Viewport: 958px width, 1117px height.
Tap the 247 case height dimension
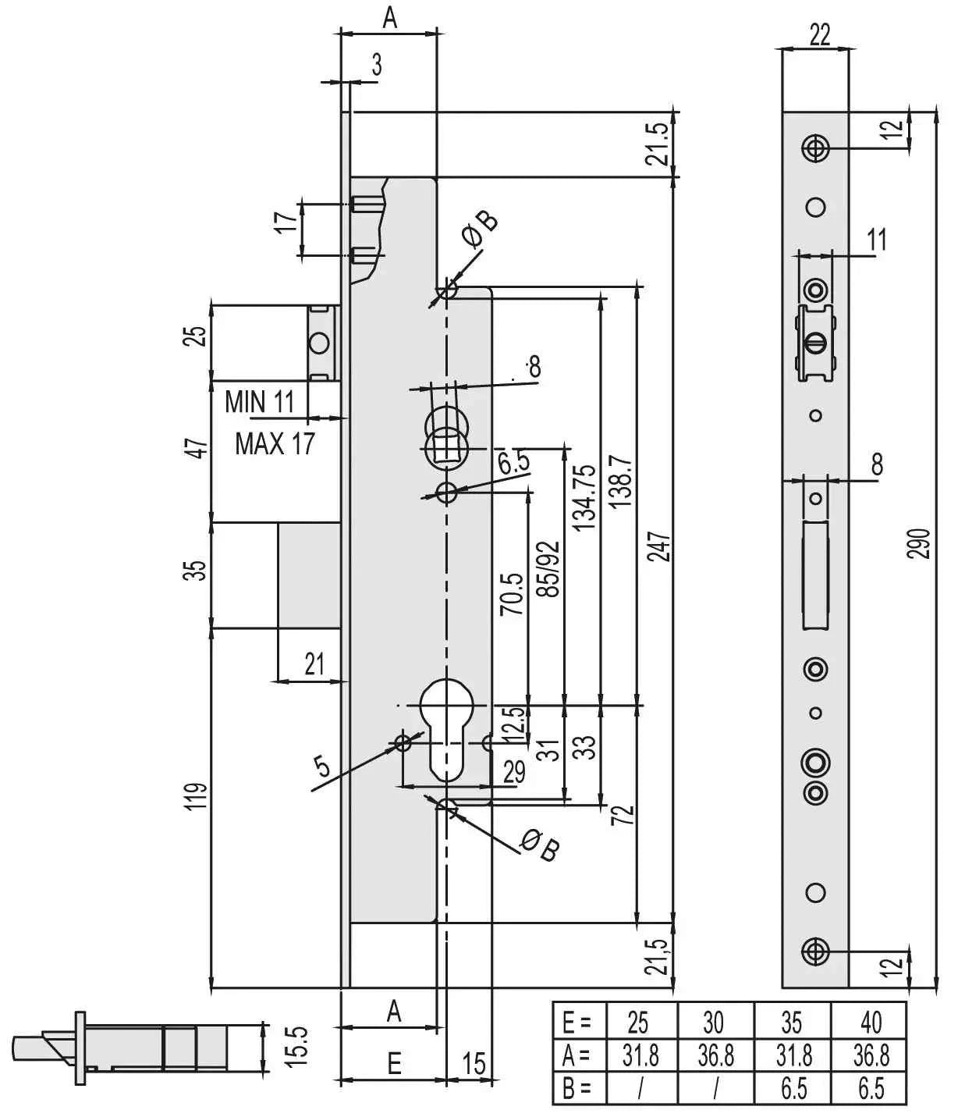(x=661, y=547)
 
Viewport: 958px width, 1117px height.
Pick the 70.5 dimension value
(x=512, y=594)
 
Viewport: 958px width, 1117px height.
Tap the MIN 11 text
(x=259, y=402)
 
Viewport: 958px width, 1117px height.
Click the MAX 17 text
(x=275, y=443)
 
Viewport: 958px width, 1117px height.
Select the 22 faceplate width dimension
(x=819, y=34)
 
